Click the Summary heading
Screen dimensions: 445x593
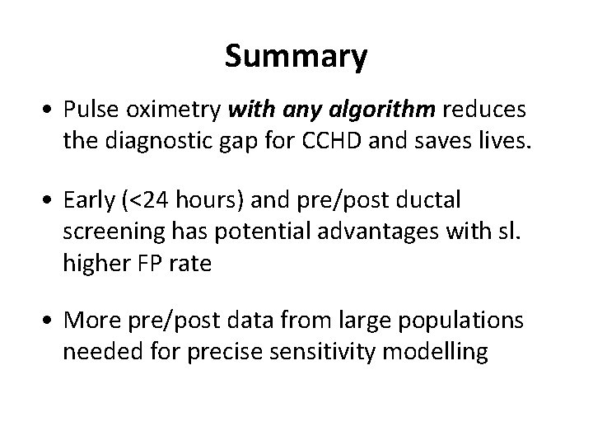(296, 57)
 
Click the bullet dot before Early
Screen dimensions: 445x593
(52, 201)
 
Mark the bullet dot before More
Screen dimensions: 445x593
(52, 321)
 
